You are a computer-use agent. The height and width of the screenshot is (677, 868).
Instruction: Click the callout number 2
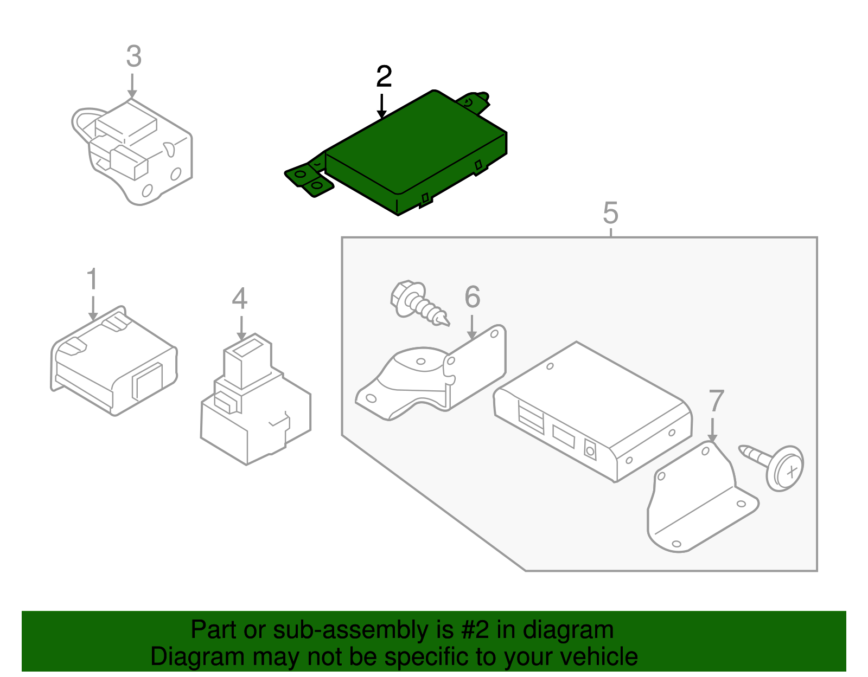384,77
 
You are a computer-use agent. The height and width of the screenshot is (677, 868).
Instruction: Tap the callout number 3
133,57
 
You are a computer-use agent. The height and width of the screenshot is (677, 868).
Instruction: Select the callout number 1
92,280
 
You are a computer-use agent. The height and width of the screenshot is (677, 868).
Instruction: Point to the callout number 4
240,299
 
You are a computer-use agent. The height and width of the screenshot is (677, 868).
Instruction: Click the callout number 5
610,213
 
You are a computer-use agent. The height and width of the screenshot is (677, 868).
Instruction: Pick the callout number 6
472,297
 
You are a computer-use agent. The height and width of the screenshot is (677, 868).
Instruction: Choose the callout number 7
716,402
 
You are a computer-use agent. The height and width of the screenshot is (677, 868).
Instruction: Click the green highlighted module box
415,152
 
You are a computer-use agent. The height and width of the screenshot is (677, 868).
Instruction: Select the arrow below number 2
382,106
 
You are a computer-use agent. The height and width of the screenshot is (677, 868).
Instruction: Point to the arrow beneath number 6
472,327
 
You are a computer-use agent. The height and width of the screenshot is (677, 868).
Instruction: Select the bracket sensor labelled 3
136,152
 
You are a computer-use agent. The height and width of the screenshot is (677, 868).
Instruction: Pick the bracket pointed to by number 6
434,379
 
